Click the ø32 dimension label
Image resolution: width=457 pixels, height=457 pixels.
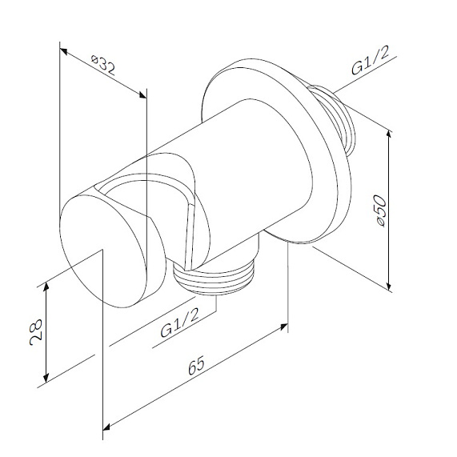pos(103,66)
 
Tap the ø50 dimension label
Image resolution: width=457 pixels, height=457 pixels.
pos(381,210)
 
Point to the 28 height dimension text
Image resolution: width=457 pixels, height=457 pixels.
pos(36,332)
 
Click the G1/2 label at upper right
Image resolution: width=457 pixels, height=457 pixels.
pos(370,60)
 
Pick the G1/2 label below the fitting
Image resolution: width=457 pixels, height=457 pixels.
pos(180,323)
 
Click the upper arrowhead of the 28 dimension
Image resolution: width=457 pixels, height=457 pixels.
pos(46,287)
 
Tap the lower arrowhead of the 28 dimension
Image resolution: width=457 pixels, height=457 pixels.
pos(46,377)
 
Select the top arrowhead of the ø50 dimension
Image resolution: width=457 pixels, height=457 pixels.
pos(388,136)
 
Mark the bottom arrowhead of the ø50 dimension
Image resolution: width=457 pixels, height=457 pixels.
pos(388,284)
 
